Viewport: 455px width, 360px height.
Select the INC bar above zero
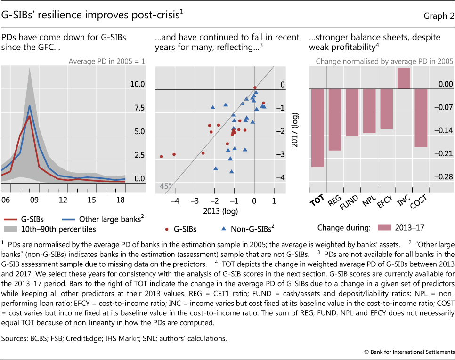[x=404, y=78]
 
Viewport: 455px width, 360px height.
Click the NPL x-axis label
[x=369, y=201]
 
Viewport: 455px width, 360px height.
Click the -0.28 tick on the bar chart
[x=443, y=177]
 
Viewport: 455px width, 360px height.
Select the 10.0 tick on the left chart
[x=137, y=85]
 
